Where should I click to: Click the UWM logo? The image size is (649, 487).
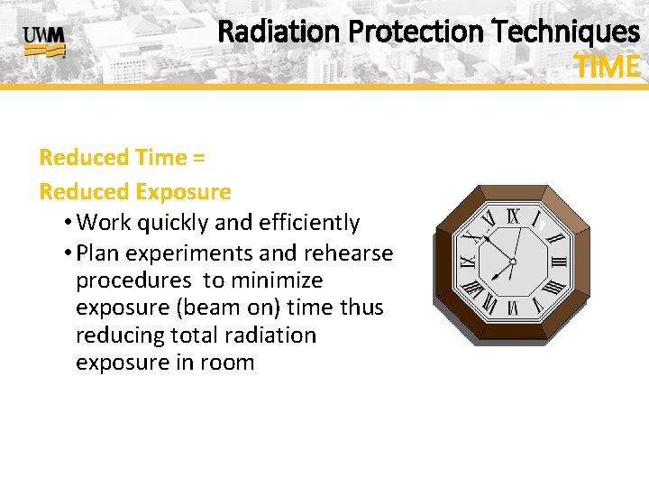(43, 41)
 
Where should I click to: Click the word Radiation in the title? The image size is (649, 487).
(279, 32)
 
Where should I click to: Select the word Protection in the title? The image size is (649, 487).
(416, 32)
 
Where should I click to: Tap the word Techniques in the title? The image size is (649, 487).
(567, 32)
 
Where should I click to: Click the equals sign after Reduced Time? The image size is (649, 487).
(198, 158)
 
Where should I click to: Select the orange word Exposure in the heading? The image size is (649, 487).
(183, 192)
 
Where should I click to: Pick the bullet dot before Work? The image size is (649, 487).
(69, 223)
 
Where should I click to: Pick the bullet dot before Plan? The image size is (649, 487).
(69, 253)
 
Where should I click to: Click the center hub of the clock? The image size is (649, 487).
(512, 262)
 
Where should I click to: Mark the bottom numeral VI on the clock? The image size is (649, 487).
(513, 308)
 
